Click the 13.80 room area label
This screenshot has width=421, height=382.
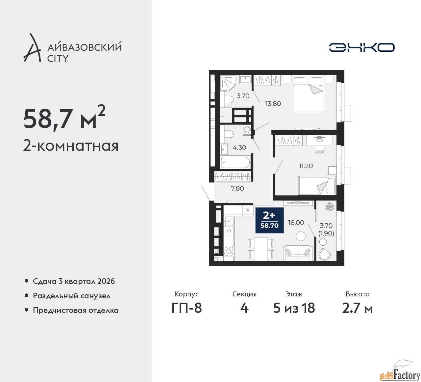(273, 104)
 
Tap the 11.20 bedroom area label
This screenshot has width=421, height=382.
(306, 166)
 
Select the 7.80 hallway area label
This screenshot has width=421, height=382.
(237, 188)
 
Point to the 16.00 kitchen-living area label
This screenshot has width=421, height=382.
(296, 223)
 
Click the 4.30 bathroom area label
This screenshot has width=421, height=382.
(239, 147)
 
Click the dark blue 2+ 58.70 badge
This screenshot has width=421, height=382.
(269, 220)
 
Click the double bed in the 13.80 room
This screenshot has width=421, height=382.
(308, 95)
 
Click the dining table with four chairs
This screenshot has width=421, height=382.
(261, 249)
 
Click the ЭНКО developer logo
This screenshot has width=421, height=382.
(361, 47)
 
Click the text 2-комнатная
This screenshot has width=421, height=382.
(71, 146)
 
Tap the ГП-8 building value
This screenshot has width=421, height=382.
(186, 308)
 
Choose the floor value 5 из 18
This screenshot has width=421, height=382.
(294, 308)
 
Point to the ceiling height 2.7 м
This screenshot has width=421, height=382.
(358, 308)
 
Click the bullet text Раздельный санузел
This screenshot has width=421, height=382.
(72, 296)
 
